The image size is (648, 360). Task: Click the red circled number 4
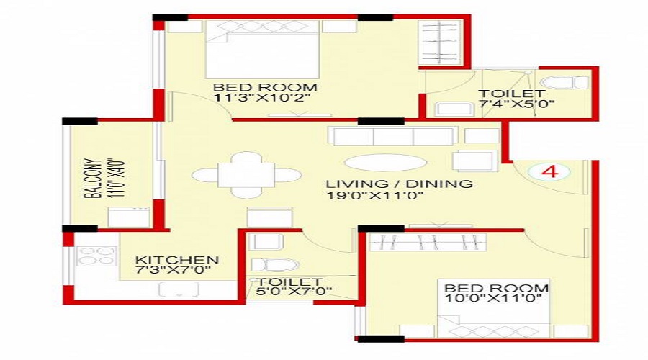(549, 173)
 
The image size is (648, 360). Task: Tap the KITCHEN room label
(177, 260)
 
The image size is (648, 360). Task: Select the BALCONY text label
(91, 179)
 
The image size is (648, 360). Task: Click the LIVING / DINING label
(398, 184)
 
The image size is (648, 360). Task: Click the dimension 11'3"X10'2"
(264, 100)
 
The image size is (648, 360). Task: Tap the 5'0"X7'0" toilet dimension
(290, 292)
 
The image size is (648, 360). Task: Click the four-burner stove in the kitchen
(96, 256)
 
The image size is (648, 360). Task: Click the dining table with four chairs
(246, 175)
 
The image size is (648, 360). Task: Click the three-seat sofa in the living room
(392, 135)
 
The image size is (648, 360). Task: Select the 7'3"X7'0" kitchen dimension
(177, 272)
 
